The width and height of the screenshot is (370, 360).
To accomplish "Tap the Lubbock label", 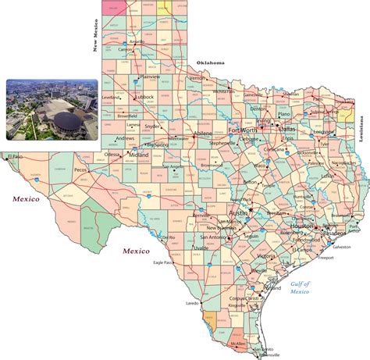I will click(143, 97).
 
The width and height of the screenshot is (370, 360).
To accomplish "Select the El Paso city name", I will click(16, 157).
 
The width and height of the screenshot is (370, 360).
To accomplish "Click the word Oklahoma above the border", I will click(210, 62).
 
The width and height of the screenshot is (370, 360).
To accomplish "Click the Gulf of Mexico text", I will click(300, 287).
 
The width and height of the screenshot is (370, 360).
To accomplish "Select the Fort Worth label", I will click(242, 130).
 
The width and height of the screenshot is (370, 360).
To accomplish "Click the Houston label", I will click(302, 226).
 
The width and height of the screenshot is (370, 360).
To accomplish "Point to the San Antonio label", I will click(212, 237).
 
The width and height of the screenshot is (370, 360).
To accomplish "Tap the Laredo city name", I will click(192, 302).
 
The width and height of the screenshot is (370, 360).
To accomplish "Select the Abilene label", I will click(201, 134).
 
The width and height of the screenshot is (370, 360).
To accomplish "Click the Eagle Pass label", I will click(163, 262).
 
